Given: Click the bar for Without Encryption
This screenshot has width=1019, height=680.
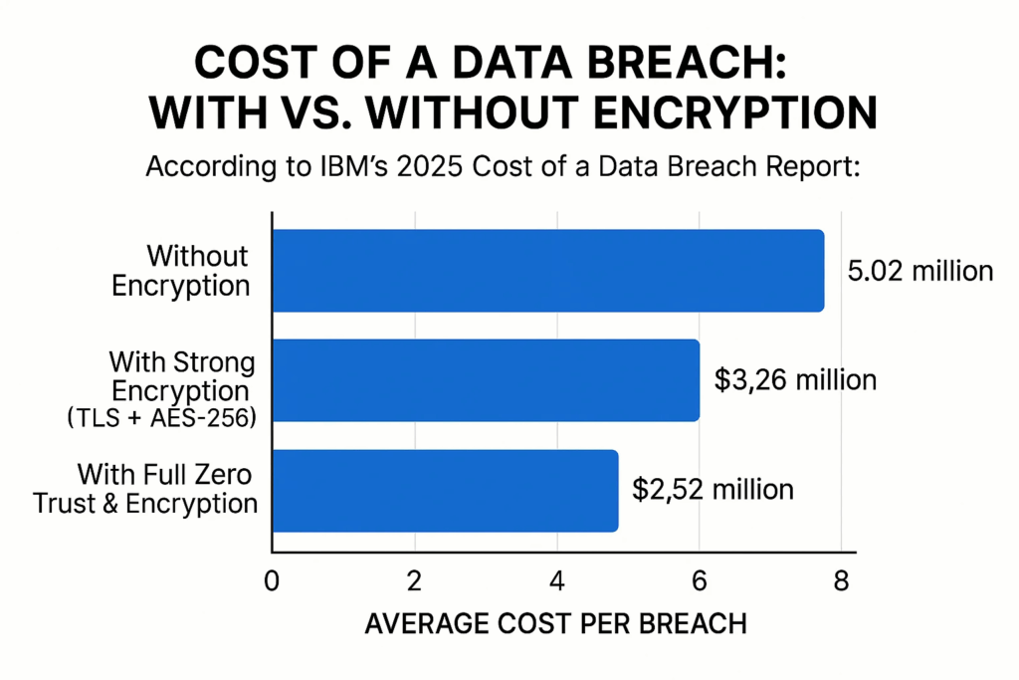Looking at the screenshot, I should pos(547,271).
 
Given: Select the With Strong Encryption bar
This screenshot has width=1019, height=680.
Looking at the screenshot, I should pos(486,379).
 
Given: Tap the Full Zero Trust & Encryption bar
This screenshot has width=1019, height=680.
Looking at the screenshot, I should pos(445,490).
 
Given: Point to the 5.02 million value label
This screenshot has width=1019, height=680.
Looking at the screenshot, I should pos(918,271).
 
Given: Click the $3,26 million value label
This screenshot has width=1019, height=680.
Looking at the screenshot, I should pos(795,379).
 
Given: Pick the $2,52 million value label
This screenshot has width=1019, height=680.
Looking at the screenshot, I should pos(713,490).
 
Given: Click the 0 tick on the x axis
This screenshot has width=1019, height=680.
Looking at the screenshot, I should pos(272,579).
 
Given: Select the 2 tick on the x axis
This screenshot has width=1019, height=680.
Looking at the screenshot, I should pos(414,579).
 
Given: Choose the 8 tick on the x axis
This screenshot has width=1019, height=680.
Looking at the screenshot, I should pos(842,579).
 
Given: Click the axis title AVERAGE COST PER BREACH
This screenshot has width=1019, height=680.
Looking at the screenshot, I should pos(556,624).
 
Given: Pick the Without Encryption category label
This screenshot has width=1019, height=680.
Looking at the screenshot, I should pos(180,271).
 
